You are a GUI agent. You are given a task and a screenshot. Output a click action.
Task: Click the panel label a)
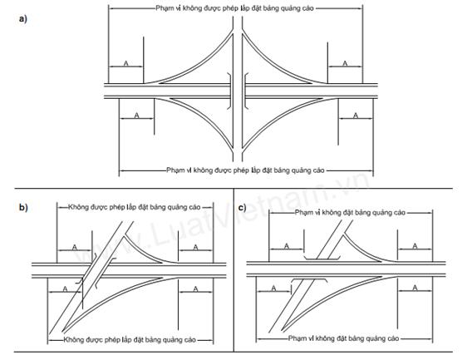(x=23, y=19)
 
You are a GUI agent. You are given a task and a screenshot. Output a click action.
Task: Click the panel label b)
(x=23, y=208)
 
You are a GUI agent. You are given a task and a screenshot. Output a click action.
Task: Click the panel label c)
(x=242, y=208)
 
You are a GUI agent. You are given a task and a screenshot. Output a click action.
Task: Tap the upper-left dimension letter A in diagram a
(x=125, y=63)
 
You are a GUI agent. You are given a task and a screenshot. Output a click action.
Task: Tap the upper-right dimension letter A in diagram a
(x=345, y=63)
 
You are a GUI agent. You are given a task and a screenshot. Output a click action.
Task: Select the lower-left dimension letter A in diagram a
(x=136, y=115)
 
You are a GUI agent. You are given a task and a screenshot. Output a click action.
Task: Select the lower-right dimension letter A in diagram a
(x=356, y=115)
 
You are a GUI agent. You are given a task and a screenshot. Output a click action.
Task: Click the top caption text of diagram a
(x=234, y=8)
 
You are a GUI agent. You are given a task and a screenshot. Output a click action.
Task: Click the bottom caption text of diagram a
(x=245, y=170)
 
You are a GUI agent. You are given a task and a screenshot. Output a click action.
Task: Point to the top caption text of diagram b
(x=135, y=207)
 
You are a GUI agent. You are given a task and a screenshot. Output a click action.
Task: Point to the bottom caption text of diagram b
(x=130, y=340)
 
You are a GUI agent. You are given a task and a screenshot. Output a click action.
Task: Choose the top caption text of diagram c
(x=350, y=213)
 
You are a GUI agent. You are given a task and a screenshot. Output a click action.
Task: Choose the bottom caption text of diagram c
(x=344, y=338)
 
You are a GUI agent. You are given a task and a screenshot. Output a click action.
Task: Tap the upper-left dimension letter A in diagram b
(x=74, y=247)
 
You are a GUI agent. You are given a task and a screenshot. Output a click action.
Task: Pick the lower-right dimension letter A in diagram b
(x=195, y=288)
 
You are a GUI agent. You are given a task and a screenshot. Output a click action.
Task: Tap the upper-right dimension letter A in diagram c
(x=415, y=246)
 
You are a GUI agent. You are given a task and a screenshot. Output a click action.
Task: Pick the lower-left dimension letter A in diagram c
(x=273, y=288)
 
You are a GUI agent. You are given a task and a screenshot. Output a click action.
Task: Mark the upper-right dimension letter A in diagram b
(x=195, y=247)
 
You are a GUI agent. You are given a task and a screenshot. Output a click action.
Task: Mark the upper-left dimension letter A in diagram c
(x=287, y=246)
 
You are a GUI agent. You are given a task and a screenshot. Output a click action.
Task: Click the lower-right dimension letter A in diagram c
(x=415, y=288)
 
